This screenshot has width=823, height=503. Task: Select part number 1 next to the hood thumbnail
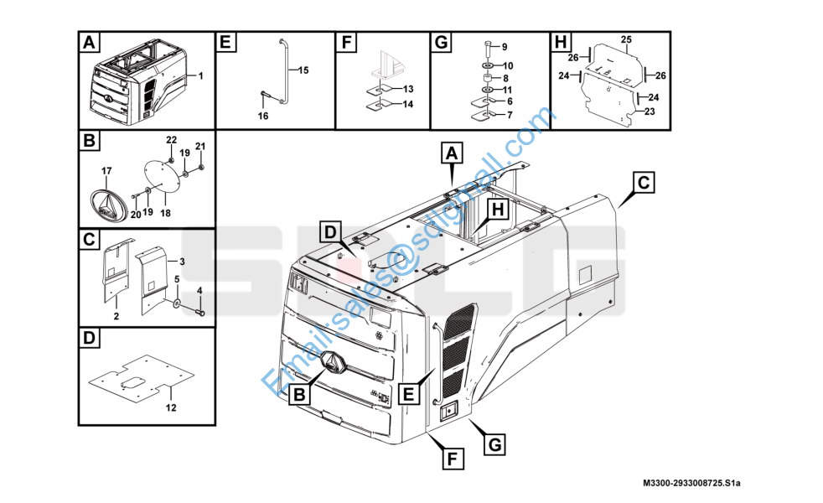(200, 75)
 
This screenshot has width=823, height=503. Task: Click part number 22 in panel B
(171, 138)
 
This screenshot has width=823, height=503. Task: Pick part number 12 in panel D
(171, 408)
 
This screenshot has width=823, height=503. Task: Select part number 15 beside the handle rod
(303, 70)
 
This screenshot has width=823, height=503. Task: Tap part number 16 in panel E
(263, 116)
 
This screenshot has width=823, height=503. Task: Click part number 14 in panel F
(408, 104)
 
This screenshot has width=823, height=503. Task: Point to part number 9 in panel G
(504, 46)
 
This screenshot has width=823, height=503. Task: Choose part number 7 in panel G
(509, 114)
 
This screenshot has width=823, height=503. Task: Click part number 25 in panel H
(625, 39)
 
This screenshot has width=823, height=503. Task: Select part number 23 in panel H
(650, 109)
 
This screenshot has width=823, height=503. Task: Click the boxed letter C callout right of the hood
(643, 182)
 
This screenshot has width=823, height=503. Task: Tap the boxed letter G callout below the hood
(496, 443)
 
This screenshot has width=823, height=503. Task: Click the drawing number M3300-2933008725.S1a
(692, 484)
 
